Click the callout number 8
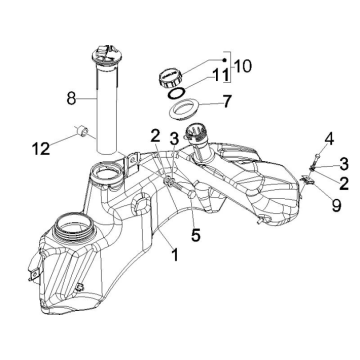(70, 99)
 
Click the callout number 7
(227, 101)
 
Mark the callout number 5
(196, 236)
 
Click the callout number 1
(174, 255)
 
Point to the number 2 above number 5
(154, 135)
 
